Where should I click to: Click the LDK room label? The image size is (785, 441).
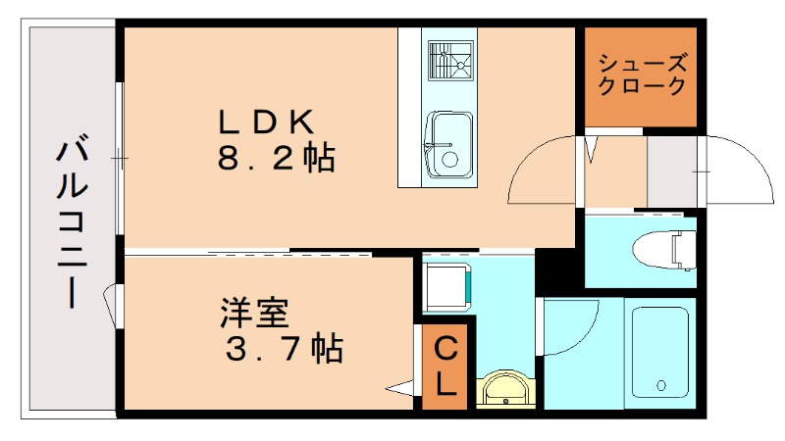tap(264, 122)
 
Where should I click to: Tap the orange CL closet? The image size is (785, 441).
tap(445, 365)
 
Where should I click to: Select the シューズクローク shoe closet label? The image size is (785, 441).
tap(643, 75)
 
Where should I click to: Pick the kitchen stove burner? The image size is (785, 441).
tap(449, 61)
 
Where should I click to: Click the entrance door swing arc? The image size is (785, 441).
tap(736, 171)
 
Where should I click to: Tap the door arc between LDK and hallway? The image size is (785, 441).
tap(543, 171)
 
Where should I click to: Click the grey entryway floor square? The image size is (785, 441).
tap(671, 171)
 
